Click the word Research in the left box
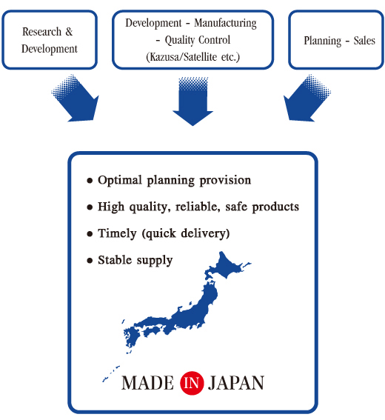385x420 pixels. coord(41,32)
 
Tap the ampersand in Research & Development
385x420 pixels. coord(69,32)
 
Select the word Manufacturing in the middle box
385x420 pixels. coord(225,24)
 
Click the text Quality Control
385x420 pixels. coord(198,40)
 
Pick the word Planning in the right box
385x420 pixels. coord(323,41)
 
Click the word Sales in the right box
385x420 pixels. coord(364,41)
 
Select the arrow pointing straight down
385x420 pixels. coord(192,101)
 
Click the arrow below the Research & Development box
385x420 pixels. coord(76,99)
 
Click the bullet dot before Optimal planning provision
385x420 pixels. coord(90,181)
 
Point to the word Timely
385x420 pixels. coord(117,233)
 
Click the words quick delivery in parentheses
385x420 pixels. coord(186,233)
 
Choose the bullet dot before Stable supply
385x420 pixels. coord(90,260)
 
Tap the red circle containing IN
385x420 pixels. coord(192,383)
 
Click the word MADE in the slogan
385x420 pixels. coord(148,383)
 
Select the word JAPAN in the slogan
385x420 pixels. coord(236,383)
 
